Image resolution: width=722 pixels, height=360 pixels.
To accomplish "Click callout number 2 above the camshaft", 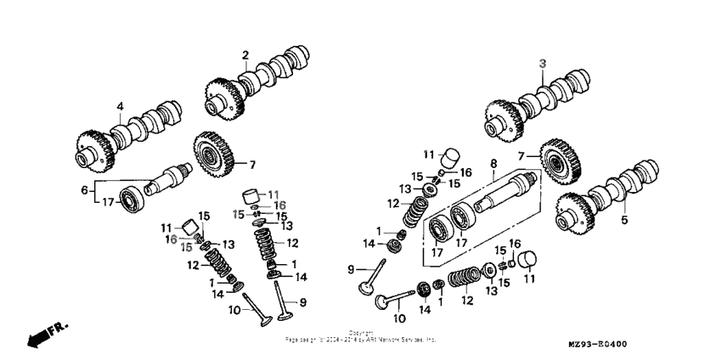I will (x=245, y=56).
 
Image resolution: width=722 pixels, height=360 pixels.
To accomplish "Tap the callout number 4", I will (x=120, y=107).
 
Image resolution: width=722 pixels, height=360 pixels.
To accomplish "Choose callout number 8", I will (x=492, y=162).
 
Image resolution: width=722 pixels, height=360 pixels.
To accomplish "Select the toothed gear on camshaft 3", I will (x=504, y=118).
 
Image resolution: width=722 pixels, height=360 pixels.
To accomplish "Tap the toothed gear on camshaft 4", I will (x=95, y=148).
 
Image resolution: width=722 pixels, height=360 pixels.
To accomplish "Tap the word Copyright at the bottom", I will (x=360, y=333).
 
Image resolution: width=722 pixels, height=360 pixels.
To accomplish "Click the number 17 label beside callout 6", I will (x=108, y=202).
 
